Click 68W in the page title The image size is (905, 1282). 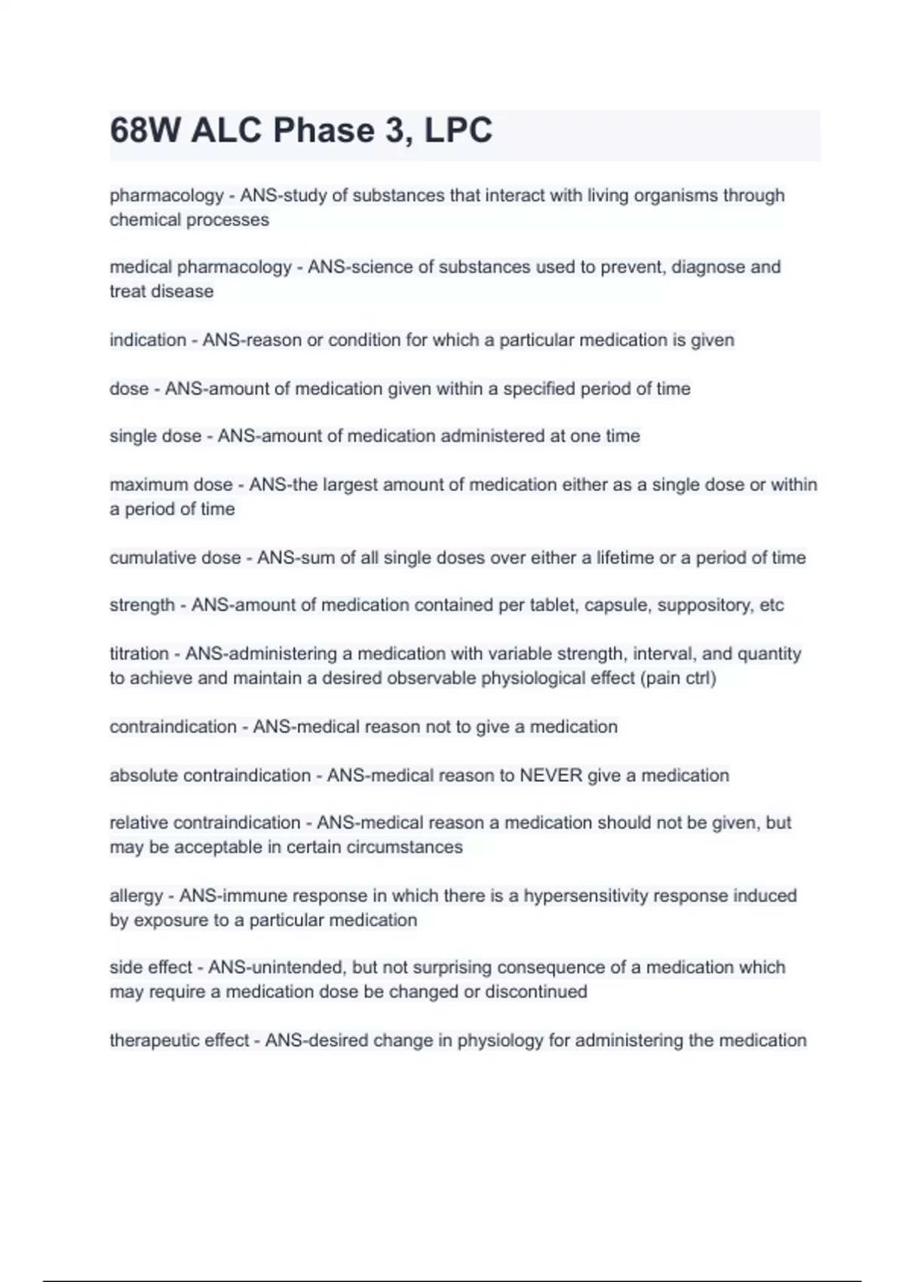pyautogui.click(x=145, y=130)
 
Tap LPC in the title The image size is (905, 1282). pyautogui.click(x=458, y=130)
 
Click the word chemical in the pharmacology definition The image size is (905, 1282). pyautogui.click(x=145, y=220)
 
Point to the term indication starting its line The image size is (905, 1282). pyautogui.click(x=148, y=340)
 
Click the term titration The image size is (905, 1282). pyautogui.click(x=139, y=654)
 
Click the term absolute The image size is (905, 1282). pyautogui.click(x=143, y=776)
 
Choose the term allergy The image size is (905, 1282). pyautogui.click(x=136, y=896)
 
